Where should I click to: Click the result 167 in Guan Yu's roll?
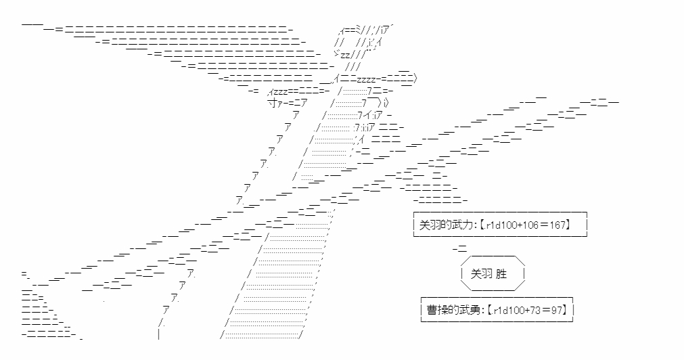pos(557,225)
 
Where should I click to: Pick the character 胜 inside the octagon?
pos(501,274)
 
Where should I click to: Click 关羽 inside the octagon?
pos(482,274)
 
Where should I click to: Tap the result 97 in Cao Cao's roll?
pos(556,310)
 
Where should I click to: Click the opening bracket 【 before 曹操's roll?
pos(489,310)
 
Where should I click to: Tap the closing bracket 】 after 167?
pos(568,225)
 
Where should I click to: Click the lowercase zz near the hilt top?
pos(345,55)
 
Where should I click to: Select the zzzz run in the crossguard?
pos(367,80)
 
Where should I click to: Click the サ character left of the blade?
pos(272,103)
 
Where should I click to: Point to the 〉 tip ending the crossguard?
pos(415,79)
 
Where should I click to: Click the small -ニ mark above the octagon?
pos(460,249)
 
